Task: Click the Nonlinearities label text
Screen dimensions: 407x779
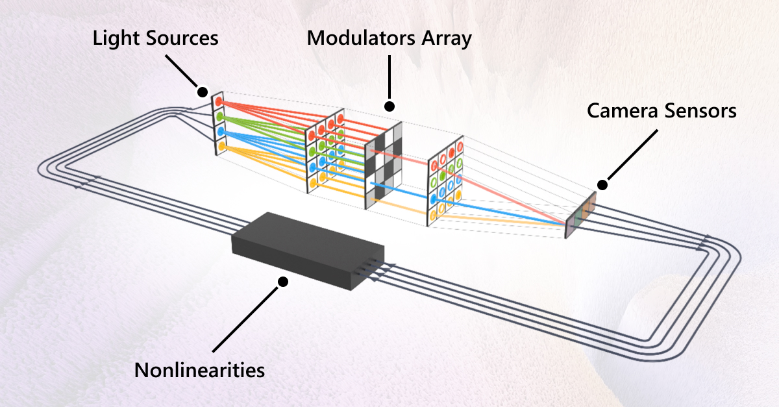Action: pyautogui.click(x=199, y=371)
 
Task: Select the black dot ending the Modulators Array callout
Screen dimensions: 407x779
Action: pyautogui.click(x=389, y=105)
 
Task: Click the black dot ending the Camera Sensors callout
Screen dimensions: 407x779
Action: pyautogui.click(x=602, y=185)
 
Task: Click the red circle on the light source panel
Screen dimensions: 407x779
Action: pyautogui.click(x=219, y=103)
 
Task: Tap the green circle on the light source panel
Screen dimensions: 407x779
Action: pyautogui.click(x=220, y=117)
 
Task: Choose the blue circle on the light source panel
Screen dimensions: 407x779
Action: pyautogui.click(x=221, y=132)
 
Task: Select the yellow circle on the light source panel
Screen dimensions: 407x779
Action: pyautogui.click(x=221, y=147)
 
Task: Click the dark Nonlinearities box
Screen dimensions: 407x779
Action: pyautogui.click(x=305, y=250)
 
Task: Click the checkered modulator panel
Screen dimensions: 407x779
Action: pyautogui.click(x=384, y=166)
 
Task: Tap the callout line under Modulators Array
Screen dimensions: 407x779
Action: pyautogui.click(x=389, y=78)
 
